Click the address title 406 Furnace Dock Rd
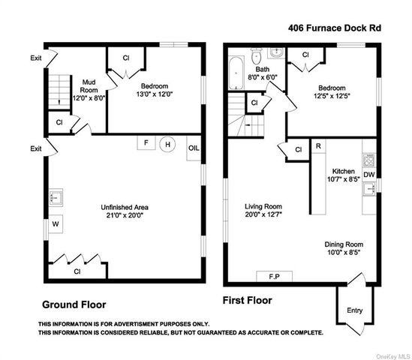coord(335,28)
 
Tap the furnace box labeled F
coord(146,142)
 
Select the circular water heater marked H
coord(167,144)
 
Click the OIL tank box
coord(194,148)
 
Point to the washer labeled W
coord(56,224)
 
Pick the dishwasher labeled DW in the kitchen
coord(369,175)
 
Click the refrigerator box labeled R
coord(318,146)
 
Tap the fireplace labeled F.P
coord(275,276)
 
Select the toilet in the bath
coord(255,56)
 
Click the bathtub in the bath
coord(236,73)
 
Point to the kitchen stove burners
coord(369,160)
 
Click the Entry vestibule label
coord(354,310)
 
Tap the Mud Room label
coord(89,86)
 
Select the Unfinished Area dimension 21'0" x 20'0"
coord(124,215)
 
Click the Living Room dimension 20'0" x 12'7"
coord(263,214)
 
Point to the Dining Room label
coord(344,244)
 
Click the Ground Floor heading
coord(74,304)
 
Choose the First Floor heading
coord(247,300)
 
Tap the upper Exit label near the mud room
coord(36,58)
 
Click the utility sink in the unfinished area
coord(56,197)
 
